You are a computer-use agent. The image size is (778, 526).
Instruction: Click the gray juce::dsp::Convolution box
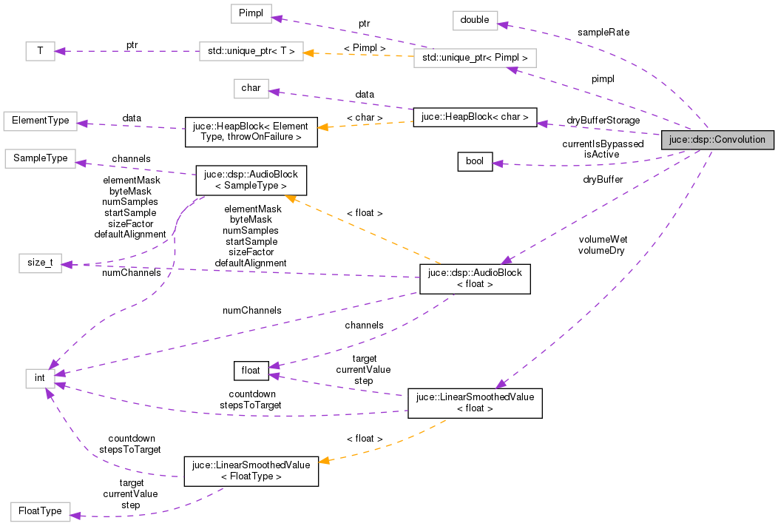717,139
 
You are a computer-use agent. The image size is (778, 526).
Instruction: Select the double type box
475,20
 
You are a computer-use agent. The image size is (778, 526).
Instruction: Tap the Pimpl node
251,13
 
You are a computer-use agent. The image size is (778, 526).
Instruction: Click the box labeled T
39,51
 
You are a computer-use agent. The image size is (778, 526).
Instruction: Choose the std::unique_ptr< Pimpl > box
474,57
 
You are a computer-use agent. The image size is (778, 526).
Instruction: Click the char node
251,88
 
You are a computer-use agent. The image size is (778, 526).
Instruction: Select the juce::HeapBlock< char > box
474,117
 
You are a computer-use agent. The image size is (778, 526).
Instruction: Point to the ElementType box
40,120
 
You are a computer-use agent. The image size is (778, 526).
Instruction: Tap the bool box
475,161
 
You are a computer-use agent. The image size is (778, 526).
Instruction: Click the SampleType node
40,158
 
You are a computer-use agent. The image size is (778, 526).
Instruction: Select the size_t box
40,263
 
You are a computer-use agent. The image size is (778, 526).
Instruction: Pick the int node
40,379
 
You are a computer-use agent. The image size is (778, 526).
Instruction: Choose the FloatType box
40,511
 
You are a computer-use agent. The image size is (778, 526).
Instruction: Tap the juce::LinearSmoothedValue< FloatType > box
251,471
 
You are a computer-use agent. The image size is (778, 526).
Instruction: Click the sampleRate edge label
603,33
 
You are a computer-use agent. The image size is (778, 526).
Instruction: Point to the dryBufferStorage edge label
603,120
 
